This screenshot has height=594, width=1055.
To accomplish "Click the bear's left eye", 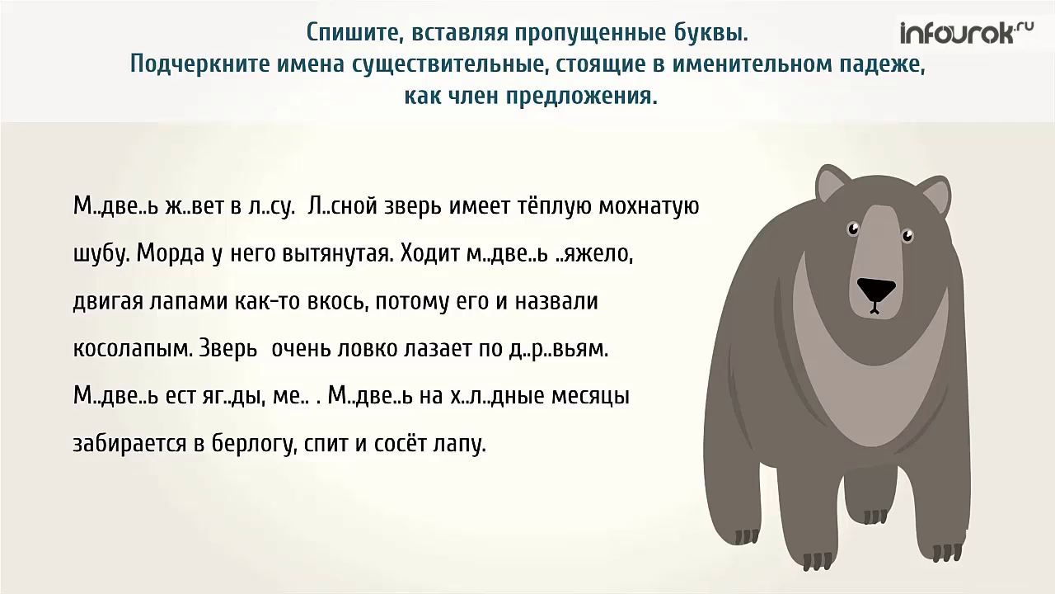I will [x=852, y=228].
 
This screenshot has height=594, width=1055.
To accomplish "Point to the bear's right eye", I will [x=907, y=237].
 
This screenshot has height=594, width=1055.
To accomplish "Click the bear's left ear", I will [x=833, y=185].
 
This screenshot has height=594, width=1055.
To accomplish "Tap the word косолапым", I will [x=132, y=349].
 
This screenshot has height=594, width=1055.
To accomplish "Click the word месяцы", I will [x=590, y=397].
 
